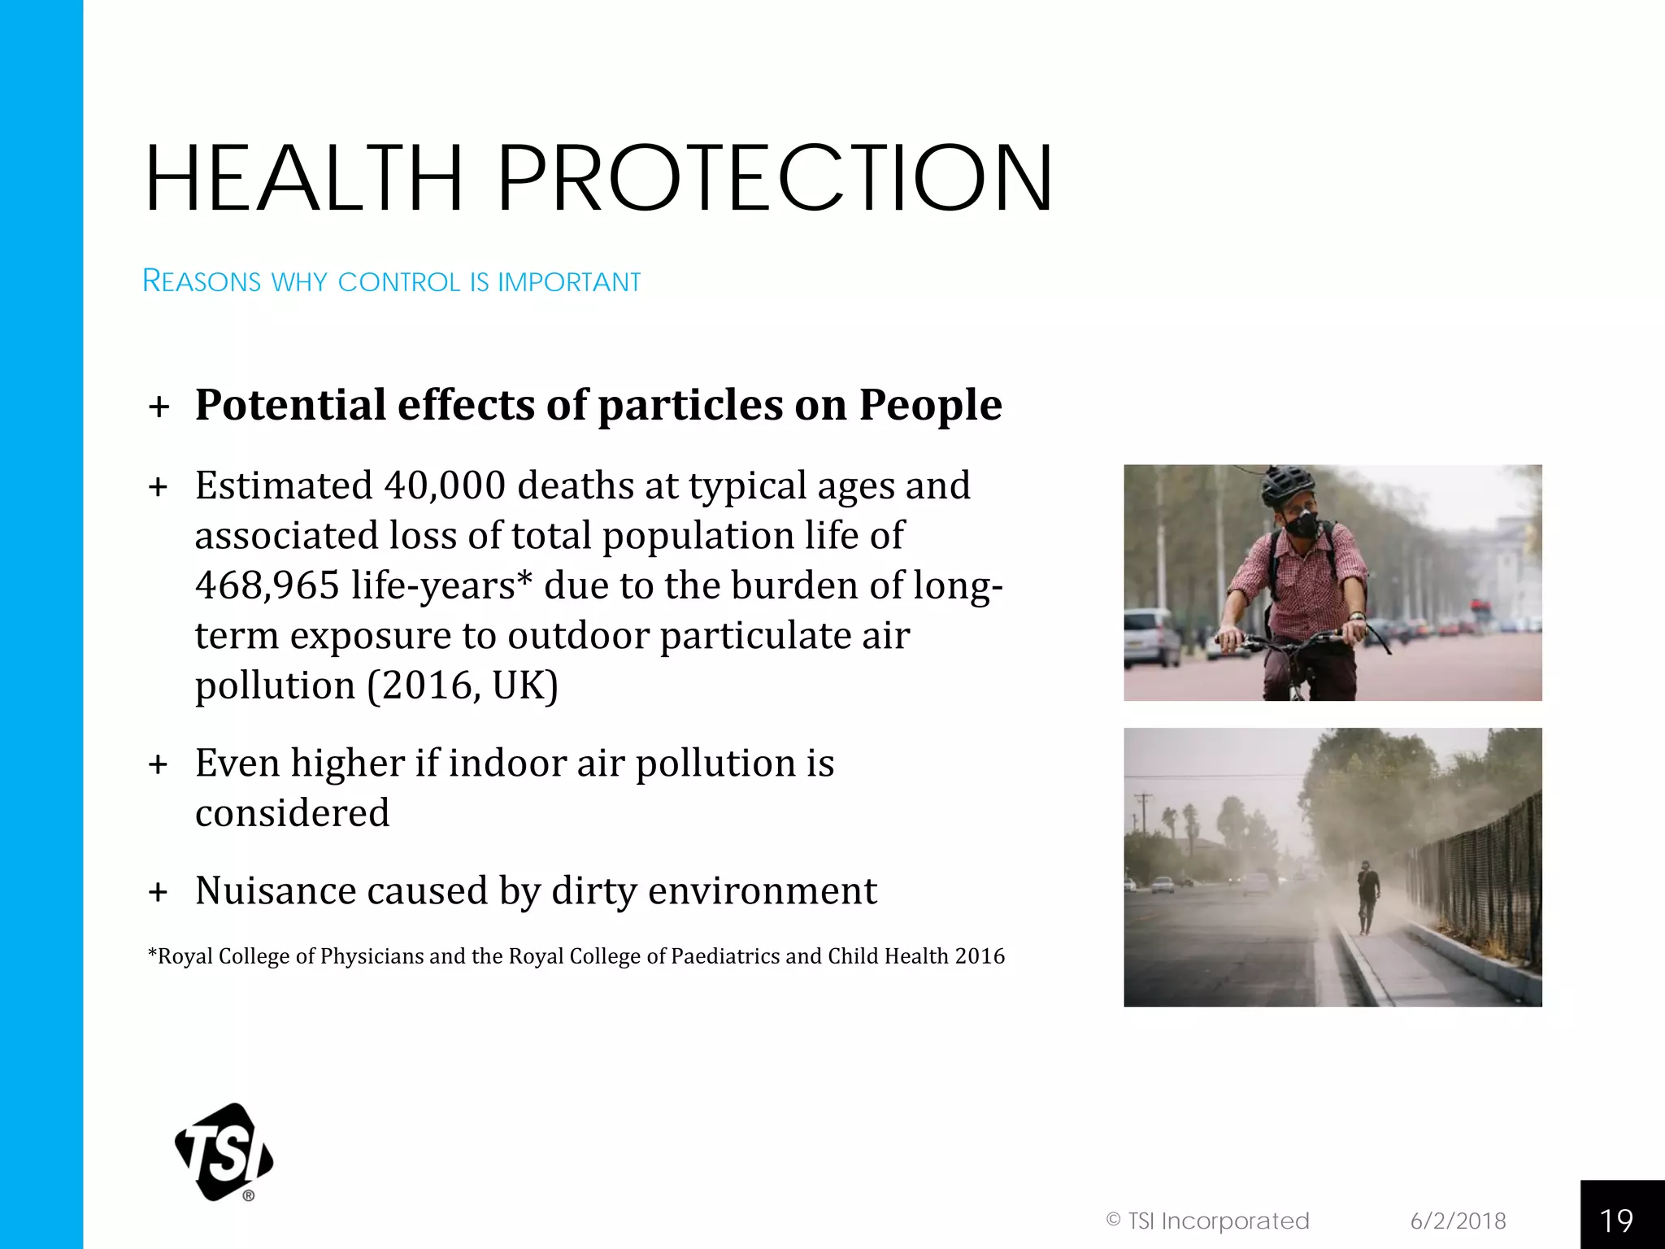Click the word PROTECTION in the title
click(x=774, y=178)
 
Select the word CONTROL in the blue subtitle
click(x=399, y=281)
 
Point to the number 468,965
click(x=267, y=585)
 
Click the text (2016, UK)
click(x=462, y=685)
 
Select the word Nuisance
click(x=274, y=890)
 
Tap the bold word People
click(x=930, y=405)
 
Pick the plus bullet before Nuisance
click(x=159, y=892)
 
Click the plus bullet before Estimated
click(x=159, y=487)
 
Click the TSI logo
click(x=224, y=1151)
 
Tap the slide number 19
click(x=1616, y=1221)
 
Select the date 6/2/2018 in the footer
click(x=1458, y=1221)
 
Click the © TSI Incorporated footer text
click(x=1207, y=1221)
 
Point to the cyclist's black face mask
click(x=1302, y=523)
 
